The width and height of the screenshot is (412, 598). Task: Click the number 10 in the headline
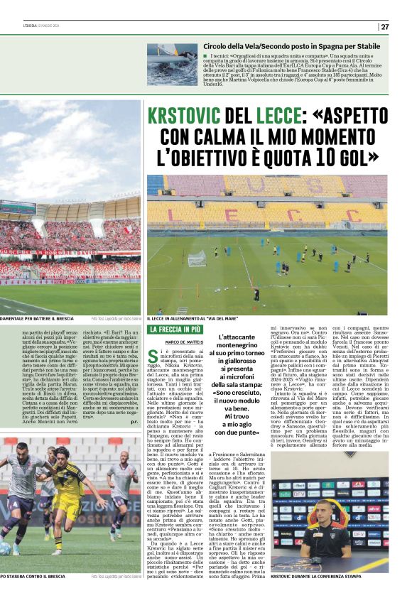(x=329, y=155)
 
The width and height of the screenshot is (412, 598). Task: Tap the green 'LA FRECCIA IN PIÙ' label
(x=173, y=330)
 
